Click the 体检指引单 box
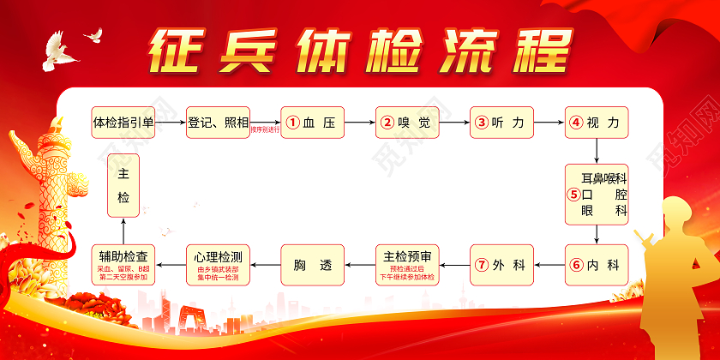[123, 123]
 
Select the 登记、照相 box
[218, 123]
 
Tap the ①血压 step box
[312, 123]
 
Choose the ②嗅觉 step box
[407, 123]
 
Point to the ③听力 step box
[501, 123]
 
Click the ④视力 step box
[596, 123]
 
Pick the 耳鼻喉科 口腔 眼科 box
[596, 194]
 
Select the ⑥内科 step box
[596, 264]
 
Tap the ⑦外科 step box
[501, 264]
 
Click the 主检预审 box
[407, 264]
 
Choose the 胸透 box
[312, 264]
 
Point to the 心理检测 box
[218, 264]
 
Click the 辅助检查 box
[123, 264]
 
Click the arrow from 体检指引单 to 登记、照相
[171, 123]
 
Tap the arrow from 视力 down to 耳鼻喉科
[596, 151]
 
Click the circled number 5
[573, 194]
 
